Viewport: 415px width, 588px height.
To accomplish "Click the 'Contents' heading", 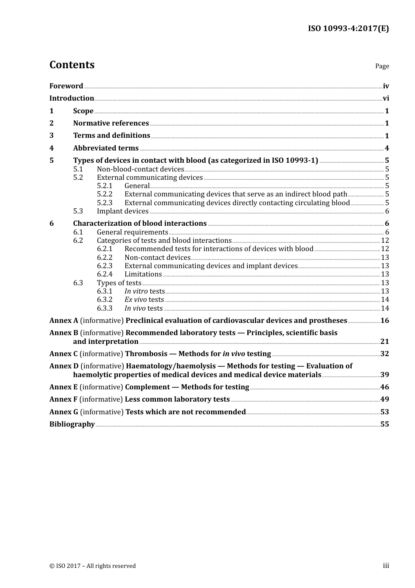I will [x=72, y=65].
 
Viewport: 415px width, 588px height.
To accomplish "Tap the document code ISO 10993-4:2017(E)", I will [x=348, y=28].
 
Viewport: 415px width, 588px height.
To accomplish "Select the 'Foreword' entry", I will [x=66, y=86].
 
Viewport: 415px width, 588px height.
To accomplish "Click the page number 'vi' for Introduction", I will [x=386, y=98].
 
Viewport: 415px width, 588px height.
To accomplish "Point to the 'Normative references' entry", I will [x=111, y=123].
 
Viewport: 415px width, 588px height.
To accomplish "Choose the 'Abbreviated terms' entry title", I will [x=106, y=148].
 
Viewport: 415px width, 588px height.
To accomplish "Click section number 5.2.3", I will [x=104, y=203].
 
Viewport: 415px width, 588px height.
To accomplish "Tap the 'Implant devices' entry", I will [x=123, y=211].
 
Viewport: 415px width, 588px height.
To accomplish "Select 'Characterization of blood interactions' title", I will [x=140, y=224].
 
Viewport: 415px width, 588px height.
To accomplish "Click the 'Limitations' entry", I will [x=143, y=274].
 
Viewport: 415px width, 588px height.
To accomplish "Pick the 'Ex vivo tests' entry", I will [x=144, y=300].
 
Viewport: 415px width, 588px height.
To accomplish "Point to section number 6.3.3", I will [x=104, y=308].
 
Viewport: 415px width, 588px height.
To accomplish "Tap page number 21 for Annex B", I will [x=384, y=342].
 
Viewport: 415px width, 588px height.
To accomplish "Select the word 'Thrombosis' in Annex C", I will [x=146, y=354].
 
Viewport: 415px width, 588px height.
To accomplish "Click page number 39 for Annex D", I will [x=384, y=375].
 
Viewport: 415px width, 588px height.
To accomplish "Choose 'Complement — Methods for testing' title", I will [x=187, y=387].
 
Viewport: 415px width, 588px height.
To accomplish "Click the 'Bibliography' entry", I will [x=72, y=424].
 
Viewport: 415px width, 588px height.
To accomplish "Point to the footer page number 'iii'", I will [x=386, y=566].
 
